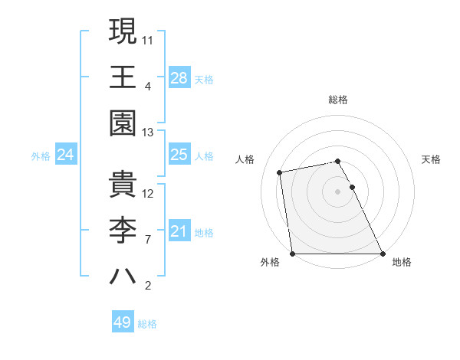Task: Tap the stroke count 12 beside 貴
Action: click(149, 193)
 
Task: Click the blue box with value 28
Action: click(179, 77)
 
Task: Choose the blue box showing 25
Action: click(179, 155)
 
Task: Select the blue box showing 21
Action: click(179, 231)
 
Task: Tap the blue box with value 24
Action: click(65, 155)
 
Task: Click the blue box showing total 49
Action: click(123, 322)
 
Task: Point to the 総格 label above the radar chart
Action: click(338, 100)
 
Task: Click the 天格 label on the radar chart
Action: click(432, 159)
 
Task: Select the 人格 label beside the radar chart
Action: click(245, 159)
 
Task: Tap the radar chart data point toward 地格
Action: click(383, 254)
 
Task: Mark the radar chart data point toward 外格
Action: click(293, 254)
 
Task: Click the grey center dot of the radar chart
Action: click(337, 191)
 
